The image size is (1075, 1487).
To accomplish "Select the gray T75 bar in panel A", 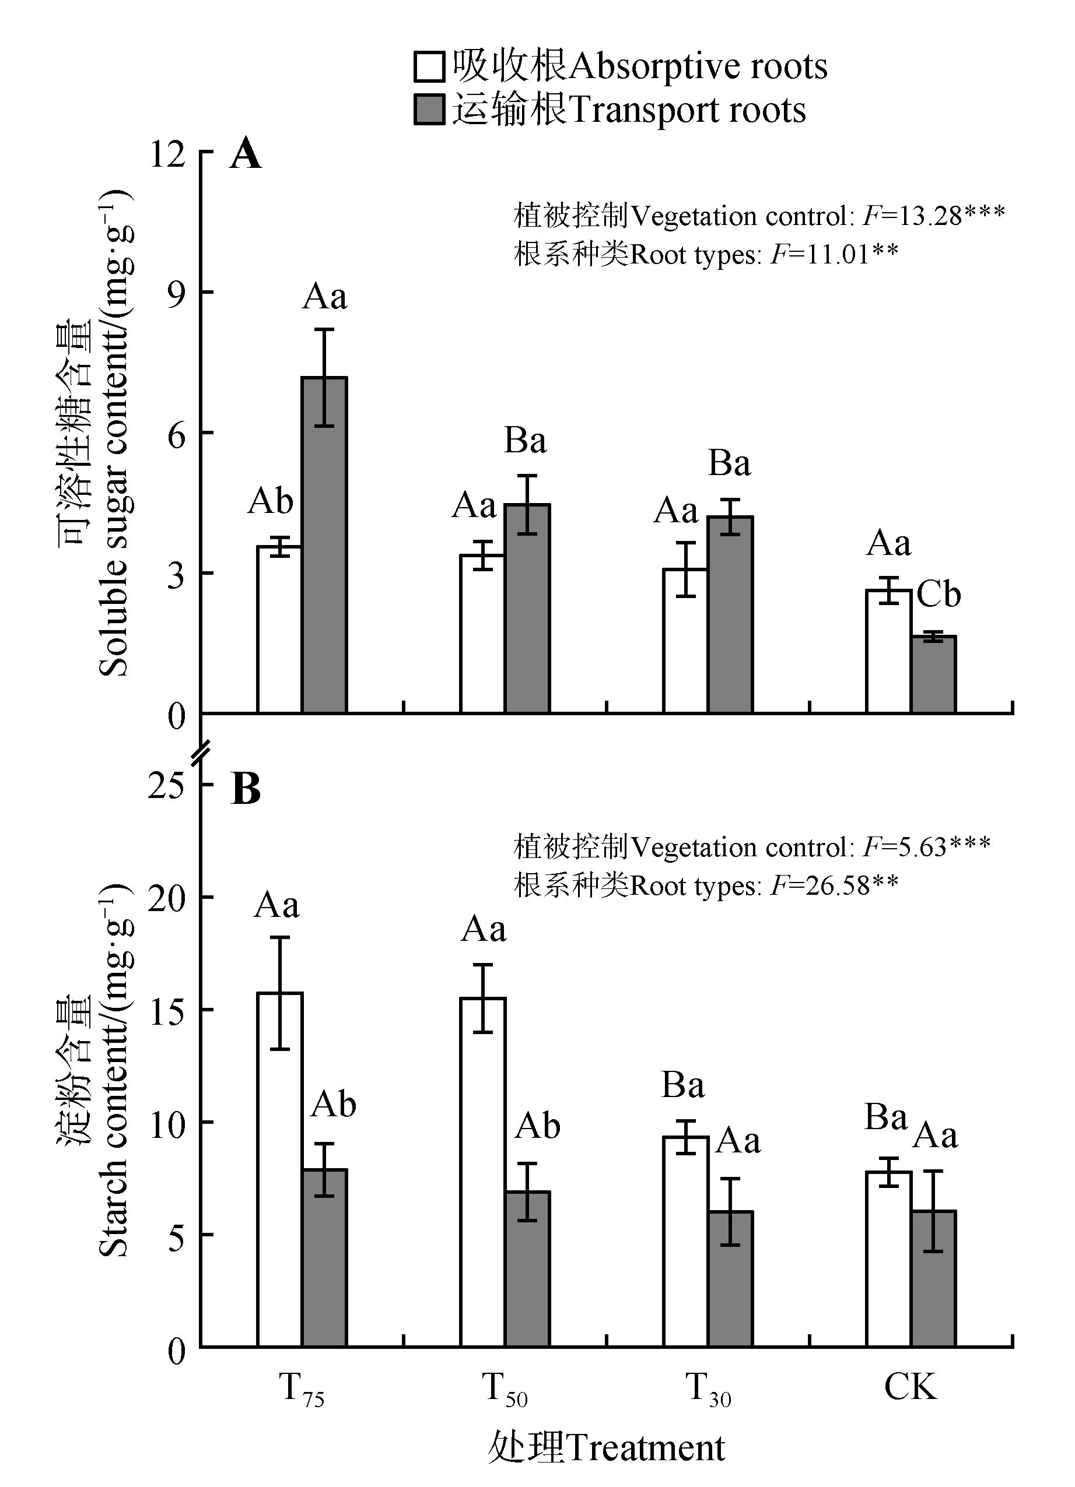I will pyautogui.click(x=324, y=544).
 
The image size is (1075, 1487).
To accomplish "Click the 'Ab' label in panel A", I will pyautogui.click(x=269, y=501).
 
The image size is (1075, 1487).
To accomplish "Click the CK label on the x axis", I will pyautogui.click(x=911, y=1387).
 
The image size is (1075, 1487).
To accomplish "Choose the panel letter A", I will pyautogui.click(x=246, y=156).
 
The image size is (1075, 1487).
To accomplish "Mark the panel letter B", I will pyautogui.click(x=246, y=790).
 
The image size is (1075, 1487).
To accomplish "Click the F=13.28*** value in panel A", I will pyautogui.click(x=933, y=215).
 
